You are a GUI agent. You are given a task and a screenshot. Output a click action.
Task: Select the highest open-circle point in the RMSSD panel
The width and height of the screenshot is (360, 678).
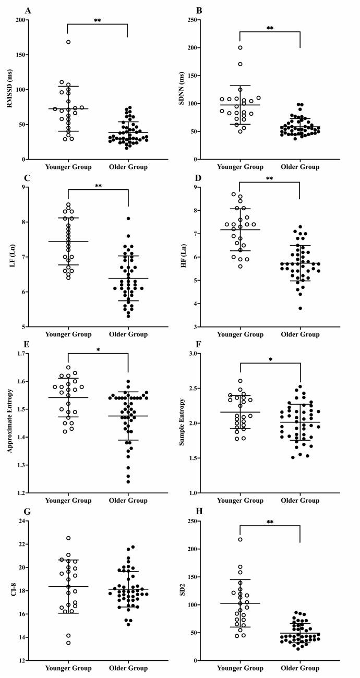point(68,42)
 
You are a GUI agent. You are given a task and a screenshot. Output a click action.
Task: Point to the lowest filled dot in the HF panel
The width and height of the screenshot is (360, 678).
point(301,308)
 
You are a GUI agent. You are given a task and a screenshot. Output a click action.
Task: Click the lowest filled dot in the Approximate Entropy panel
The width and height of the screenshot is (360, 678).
point(128,481)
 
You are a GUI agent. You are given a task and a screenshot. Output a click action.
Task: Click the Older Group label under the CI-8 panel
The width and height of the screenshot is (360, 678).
point(128,668)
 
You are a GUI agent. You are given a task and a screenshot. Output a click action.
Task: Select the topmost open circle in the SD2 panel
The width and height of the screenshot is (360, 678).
point(241,539)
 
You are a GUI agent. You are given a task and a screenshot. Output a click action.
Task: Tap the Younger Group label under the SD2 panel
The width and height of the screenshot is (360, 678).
point(241,668)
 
